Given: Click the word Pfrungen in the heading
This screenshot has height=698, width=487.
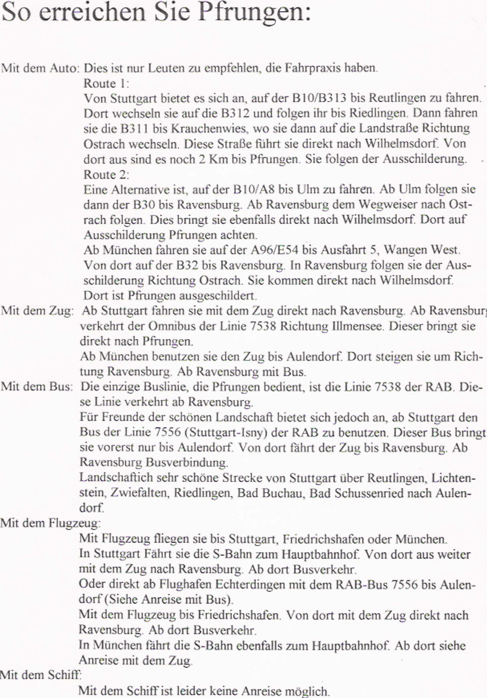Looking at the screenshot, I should [254, 12].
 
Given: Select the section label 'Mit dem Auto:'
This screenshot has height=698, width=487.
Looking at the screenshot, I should [40, 68].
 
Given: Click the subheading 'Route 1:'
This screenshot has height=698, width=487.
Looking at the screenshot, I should [106, 83].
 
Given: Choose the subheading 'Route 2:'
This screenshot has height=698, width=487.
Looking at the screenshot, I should [106, 175].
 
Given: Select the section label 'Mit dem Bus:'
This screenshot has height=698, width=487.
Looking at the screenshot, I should [37, 387].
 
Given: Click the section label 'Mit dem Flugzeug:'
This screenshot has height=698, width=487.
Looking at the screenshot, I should [50, 523].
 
